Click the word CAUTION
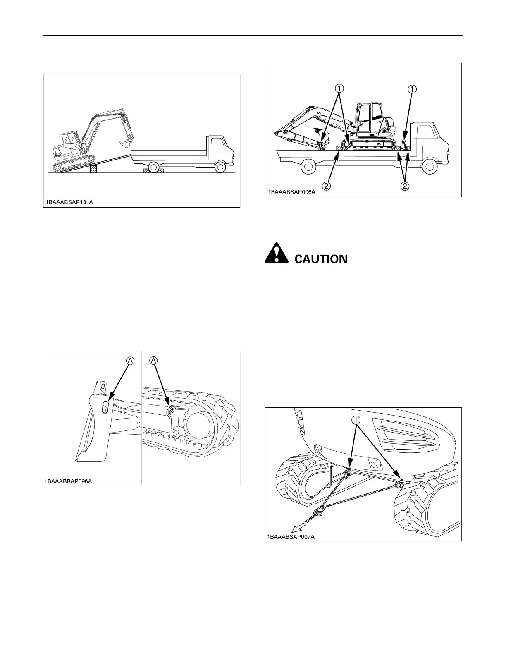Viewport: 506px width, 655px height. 321,259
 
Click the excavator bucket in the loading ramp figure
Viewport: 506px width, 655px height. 124,143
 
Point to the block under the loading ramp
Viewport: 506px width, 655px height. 93,169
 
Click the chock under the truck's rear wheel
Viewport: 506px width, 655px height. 153,170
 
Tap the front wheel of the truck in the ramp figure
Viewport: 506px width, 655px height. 220,167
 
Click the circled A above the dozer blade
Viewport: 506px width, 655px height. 130,361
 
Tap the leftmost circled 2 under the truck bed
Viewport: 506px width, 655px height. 327,186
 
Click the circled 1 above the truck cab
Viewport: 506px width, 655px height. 413,88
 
